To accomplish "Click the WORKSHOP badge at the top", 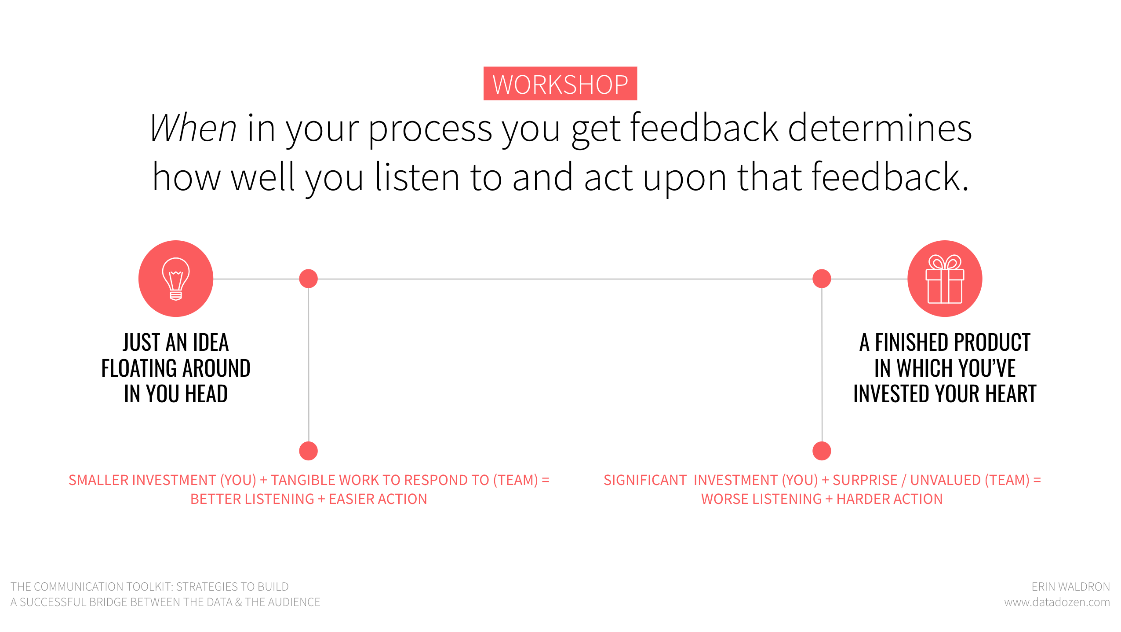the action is pos(560,84).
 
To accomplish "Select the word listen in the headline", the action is pos(417,177).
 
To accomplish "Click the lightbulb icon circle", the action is pos(176,278).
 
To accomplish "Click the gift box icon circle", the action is pos(945,278).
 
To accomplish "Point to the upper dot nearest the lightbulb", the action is pos(308,279).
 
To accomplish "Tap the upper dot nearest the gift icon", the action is pos(822,279).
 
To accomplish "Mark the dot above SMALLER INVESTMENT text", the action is pos(308,451).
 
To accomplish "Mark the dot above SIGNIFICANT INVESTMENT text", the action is pos(822,451).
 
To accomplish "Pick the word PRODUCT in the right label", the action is pos(991,342).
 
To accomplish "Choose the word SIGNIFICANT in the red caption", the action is pos(645,480).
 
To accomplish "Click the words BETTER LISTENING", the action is pos(252,499).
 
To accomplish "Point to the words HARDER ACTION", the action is pos(889,499).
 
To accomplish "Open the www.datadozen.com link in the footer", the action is pos(1057,602).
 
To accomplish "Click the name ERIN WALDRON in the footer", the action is pos(1071,587).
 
